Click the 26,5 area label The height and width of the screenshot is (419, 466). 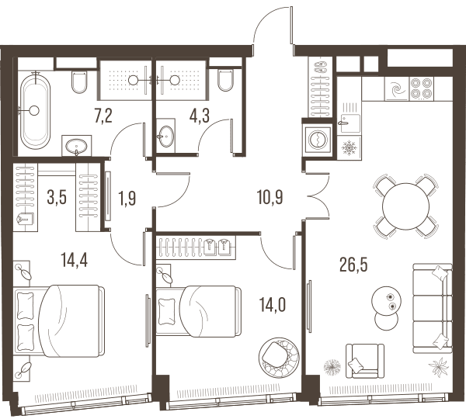353,265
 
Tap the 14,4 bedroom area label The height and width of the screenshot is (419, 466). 74,260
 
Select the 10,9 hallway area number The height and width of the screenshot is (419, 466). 270,198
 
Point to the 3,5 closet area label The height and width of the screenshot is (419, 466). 57,198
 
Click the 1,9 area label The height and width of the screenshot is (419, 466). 127,199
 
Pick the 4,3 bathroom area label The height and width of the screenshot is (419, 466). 200,116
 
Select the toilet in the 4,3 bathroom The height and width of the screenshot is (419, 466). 225,80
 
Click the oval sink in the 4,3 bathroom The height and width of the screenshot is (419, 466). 166,137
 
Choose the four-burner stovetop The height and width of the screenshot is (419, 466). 422,88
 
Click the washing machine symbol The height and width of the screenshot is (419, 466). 318,139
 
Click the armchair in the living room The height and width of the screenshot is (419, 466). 365,361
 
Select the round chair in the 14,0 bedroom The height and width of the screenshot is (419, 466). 279,357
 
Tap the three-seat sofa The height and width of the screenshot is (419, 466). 433,308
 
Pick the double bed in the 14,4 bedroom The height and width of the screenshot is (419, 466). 60,320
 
